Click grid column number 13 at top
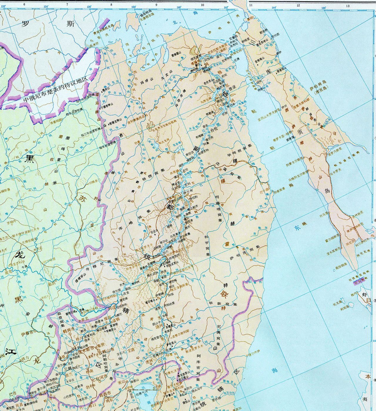click(348, 6)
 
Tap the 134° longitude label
click(46, 6)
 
